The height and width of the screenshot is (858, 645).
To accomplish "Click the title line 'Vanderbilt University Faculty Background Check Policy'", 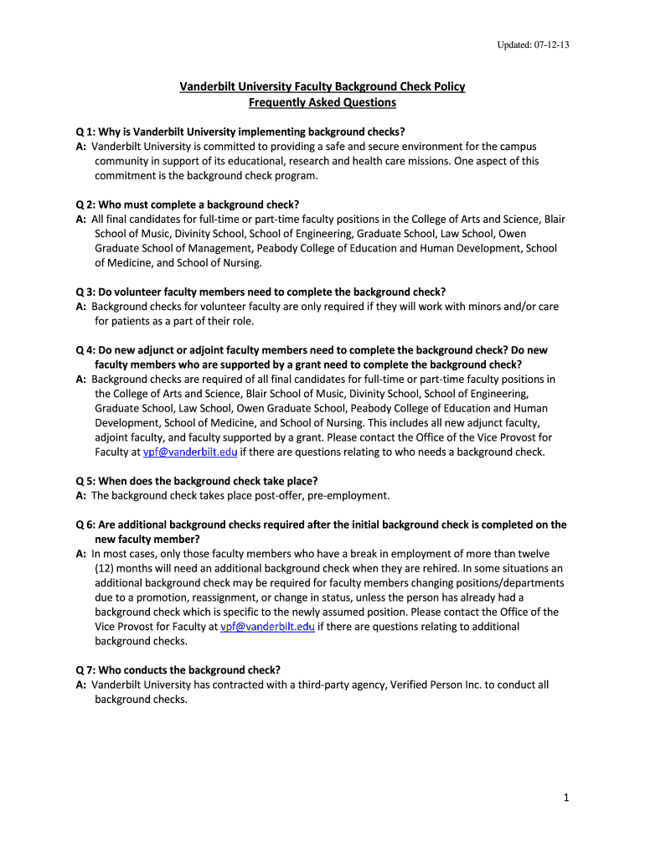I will (x=322, y=87).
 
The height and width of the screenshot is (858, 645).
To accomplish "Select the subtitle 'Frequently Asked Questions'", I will (x=322, y=102).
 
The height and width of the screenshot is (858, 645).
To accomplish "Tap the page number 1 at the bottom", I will (x=566, y=798).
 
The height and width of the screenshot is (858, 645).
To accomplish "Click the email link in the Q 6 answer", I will (x=267, y=626).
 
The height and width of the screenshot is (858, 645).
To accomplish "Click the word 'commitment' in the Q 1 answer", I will (x=126, y=175).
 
